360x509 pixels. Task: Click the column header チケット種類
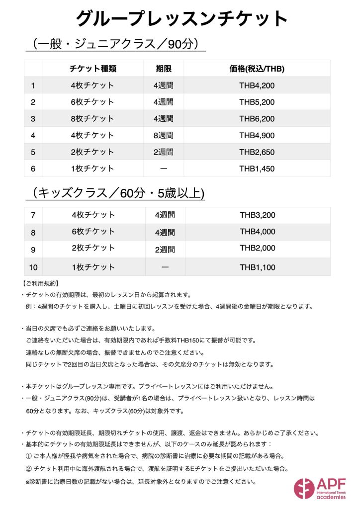93,69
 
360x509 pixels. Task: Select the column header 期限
164,69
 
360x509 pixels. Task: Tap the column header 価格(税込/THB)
257,69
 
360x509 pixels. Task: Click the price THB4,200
257,85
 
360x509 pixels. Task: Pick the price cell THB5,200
257,102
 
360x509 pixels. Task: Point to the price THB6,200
257,119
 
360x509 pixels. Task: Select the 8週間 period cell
164,135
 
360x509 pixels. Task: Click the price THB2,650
257,152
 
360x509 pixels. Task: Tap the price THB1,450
257,169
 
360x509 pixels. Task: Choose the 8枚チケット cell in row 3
93,119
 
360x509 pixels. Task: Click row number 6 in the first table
33,169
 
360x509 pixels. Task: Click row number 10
33,267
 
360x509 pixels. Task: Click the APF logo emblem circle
304,488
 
